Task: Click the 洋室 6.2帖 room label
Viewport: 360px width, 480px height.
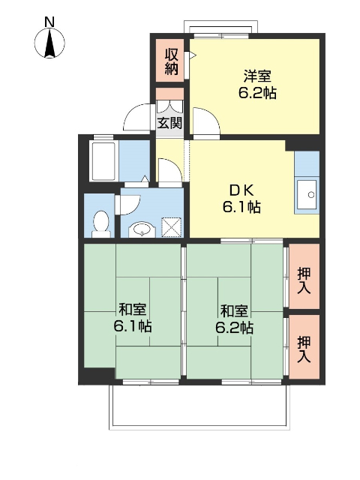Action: [x=256, y=84]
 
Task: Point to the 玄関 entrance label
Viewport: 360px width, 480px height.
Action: [x=169, y=122]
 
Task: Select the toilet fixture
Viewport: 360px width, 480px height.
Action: [x=100, y=223]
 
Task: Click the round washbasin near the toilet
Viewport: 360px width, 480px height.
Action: [x=140, y=228]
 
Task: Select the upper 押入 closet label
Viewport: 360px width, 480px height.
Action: [x=304, y=279]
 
